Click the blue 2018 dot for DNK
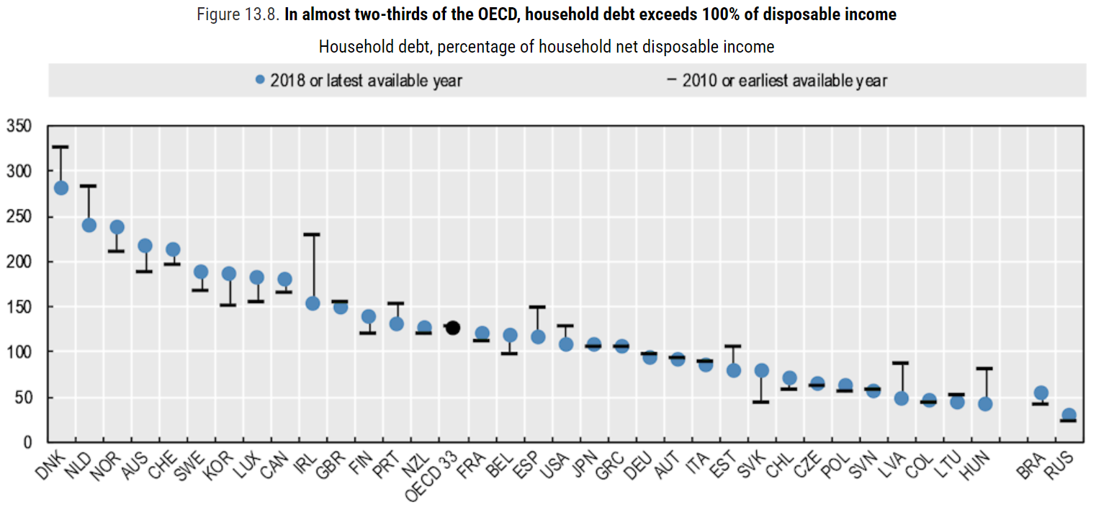point(61,188)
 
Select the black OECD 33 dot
point(453,328)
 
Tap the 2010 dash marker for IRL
point(313,234)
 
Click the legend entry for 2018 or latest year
point(359,80)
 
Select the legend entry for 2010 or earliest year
point(778,80)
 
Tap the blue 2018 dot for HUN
point(985,404)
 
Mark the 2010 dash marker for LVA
point(901,363)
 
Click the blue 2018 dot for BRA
point(1041,393)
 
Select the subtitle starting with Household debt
point(547,47)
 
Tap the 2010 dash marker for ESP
point(537,307)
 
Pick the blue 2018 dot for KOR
point(228,274)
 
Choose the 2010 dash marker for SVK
point(761,401)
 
